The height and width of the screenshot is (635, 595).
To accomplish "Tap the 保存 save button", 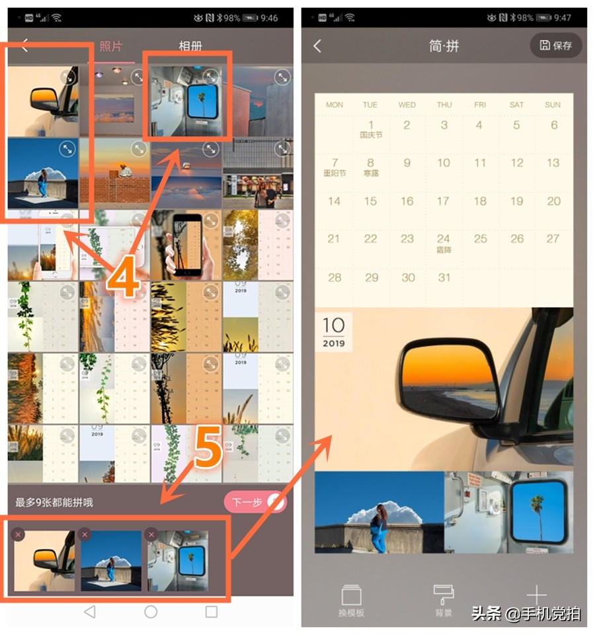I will point(556,45).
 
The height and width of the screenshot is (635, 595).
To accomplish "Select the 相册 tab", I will point(190,46).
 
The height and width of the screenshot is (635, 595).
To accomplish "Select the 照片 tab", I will point(111,46).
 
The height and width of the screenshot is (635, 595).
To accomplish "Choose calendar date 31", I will point(444,277).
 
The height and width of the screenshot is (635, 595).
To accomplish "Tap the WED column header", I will point(407,105).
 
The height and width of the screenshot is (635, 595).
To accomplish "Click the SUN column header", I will point(553,105).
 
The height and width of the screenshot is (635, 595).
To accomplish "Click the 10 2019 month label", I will point(334,331).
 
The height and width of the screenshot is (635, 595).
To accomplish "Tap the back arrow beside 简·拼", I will point(317,46).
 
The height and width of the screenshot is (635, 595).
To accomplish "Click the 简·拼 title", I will point(444,46).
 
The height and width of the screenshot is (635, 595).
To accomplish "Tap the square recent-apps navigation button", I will point(211,612).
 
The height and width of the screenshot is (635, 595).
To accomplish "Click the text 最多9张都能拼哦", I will point(54,503).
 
